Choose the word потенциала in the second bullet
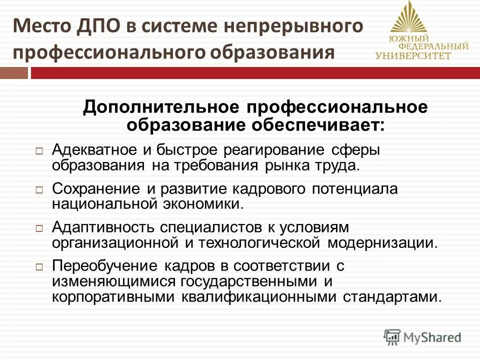(350, 189)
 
